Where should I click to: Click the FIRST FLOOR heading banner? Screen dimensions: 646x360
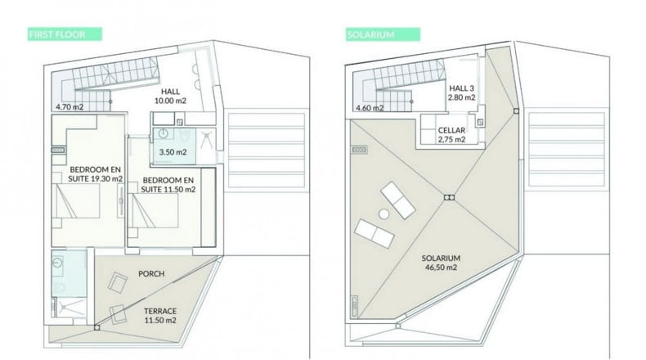point(65,34)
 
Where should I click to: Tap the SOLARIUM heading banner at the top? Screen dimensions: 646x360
point(383,34)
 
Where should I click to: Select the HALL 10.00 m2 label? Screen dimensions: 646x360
point(170,96)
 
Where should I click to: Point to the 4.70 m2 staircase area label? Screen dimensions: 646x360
point(70,107)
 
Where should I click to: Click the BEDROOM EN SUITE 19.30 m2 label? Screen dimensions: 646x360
point(96,174)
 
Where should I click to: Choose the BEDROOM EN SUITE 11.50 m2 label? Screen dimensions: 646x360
point(168,185)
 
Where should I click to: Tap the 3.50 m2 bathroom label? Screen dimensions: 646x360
point(173,151)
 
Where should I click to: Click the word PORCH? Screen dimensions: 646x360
point(151,273)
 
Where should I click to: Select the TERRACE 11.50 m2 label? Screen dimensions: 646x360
point(160,316)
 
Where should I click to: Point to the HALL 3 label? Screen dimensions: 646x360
point(461,88)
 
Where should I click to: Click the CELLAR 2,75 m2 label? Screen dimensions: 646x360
point(451,135)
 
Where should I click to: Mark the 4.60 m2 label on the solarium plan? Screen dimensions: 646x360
point(370,108)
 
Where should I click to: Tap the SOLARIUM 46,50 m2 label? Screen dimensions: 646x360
point(441,263)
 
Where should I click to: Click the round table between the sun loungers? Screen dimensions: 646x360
point(384,214)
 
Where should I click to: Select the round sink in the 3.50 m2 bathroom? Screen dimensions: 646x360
point(164,133)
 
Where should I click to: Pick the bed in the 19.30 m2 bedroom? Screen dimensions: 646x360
point(78,200)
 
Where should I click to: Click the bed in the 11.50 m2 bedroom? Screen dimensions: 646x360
point(154,210)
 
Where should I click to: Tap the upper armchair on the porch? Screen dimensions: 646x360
point(118,283)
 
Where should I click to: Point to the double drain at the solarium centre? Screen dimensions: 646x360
point(449,198)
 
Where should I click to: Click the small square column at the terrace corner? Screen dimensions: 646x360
point(96,327)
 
